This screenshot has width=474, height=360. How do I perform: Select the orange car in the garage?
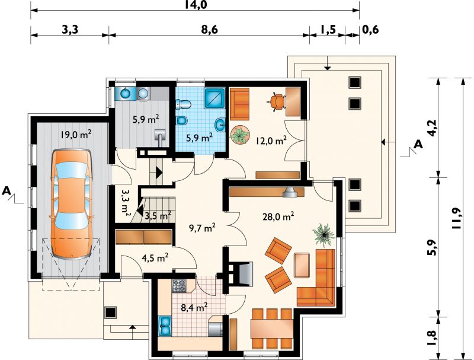pos(71,204)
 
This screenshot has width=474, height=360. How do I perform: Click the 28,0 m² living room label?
pos(278,216)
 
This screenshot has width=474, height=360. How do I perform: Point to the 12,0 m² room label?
pos(271,141)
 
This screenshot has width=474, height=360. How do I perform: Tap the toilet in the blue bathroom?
pos(184,104)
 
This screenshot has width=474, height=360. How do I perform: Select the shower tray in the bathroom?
pos(215,98)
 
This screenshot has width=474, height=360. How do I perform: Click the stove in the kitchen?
pos(180,286)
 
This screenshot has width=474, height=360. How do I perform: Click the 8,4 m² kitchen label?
pos(194,308)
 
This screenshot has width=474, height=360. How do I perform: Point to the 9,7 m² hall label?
pos(202,228)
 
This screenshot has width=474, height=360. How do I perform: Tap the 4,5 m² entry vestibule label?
pos(155,258)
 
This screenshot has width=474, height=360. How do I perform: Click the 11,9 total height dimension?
pos(456,218)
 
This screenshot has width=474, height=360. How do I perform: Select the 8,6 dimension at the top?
pos(209,30)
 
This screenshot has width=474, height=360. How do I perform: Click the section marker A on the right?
pos(418,144)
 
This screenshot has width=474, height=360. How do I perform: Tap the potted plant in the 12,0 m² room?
pos(240,135)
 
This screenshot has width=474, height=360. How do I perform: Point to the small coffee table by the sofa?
pos(302,265)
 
